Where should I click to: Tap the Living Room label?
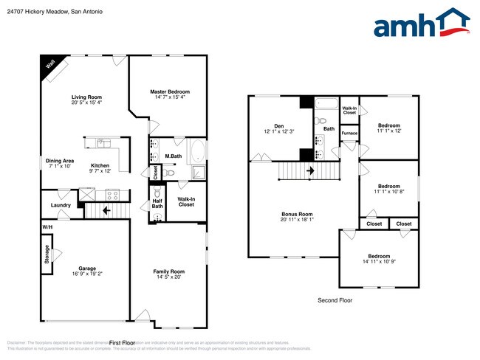[x=86, y=97]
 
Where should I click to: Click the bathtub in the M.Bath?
[x=196, y=153]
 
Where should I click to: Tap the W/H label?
[x=47, y=226]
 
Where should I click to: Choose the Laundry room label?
[x=61, y=205]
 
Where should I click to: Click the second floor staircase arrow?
[x=310, y=171]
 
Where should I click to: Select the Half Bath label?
[x=157, y=203]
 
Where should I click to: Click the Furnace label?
[x=349, y=133]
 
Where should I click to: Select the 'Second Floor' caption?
[x=335, y=300]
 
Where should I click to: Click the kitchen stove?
[x=113, y=194]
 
